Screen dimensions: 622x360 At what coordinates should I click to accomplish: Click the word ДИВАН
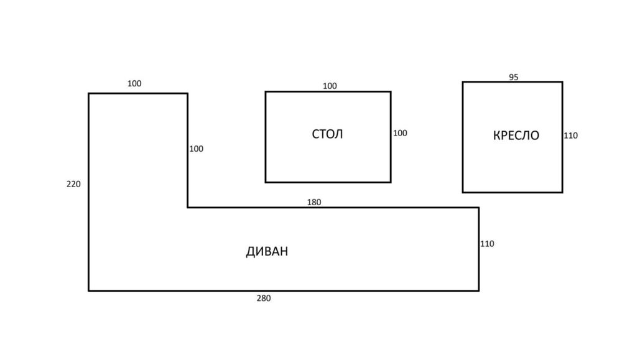click(x=267, y=251)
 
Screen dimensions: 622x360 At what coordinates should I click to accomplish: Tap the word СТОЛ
click(x=327, y=134)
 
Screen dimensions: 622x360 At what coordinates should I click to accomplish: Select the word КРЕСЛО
click(x=516, y=136)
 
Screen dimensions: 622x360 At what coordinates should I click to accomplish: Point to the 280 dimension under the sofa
click(x=264, y=298)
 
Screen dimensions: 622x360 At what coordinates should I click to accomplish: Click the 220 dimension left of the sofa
click(x=73, y=184)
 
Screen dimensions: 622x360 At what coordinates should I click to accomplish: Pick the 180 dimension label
click(x=313, y=202)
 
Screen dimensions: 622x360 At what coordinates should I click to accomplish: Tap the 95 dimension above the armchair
click(x=514, y=77)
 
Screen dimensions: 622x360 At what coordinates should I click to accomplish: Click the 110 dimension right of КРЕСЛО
click(x=571, y=136)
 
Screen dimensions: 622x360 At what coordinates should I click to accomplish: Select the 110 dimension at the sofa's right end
click(x=487, y=244)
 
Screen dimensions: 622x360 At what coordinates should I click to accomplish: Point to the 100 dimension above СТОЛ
click(x=330, y=86)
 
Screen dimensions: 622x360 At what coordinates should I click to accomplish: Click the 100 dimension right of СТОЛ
click(x=400, y=133)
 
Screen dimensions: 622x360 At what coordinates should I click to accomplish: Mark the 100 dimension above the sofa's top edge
click(x=134, y=84)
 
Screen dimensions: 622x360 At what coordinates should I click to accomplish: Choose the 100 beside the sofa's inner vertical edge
click(x=197, y=149)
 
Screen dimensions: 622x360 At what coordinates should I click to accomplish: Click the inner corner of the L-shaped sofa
click(x=188, y=207)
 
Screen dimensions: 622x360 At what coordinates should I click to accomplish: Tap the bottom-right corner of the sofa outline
click(x=479, y=290)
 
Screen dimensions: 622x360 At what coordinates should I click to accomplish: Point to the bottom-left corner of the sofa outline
click(x=88, y=290)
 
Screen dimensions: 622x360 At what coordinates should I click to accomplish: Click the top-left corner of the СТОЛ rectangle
click(x=266, y=91)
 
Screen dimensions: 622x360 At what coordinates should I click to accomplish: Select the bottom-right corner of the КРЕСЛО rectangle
click(x=562, y=193)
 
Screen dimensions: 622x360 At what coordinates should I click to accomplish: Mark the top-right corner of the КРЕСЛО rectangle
click(x=562, y=82)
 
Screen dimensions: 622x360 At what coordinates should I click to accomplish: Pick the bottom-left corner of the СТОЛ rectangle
click(x=266, y=182)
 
